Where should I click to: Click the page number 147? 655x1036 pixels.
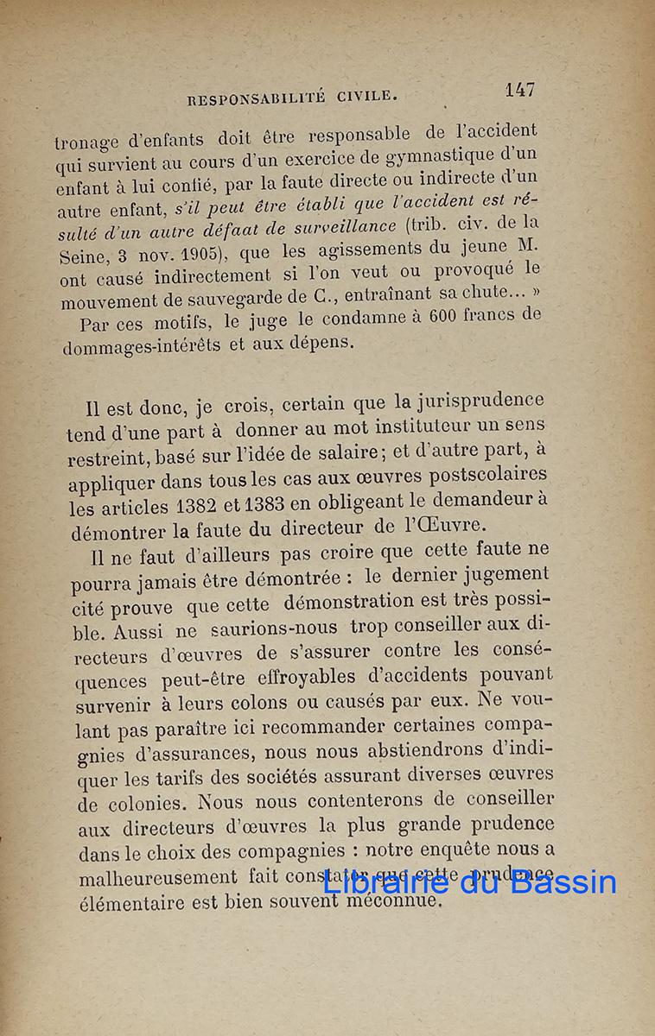[520, 89]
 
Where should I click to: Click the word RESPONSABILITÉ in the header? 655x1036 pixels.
[256, 98]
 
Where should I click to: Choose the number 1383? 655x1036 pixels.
[251, 504]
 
